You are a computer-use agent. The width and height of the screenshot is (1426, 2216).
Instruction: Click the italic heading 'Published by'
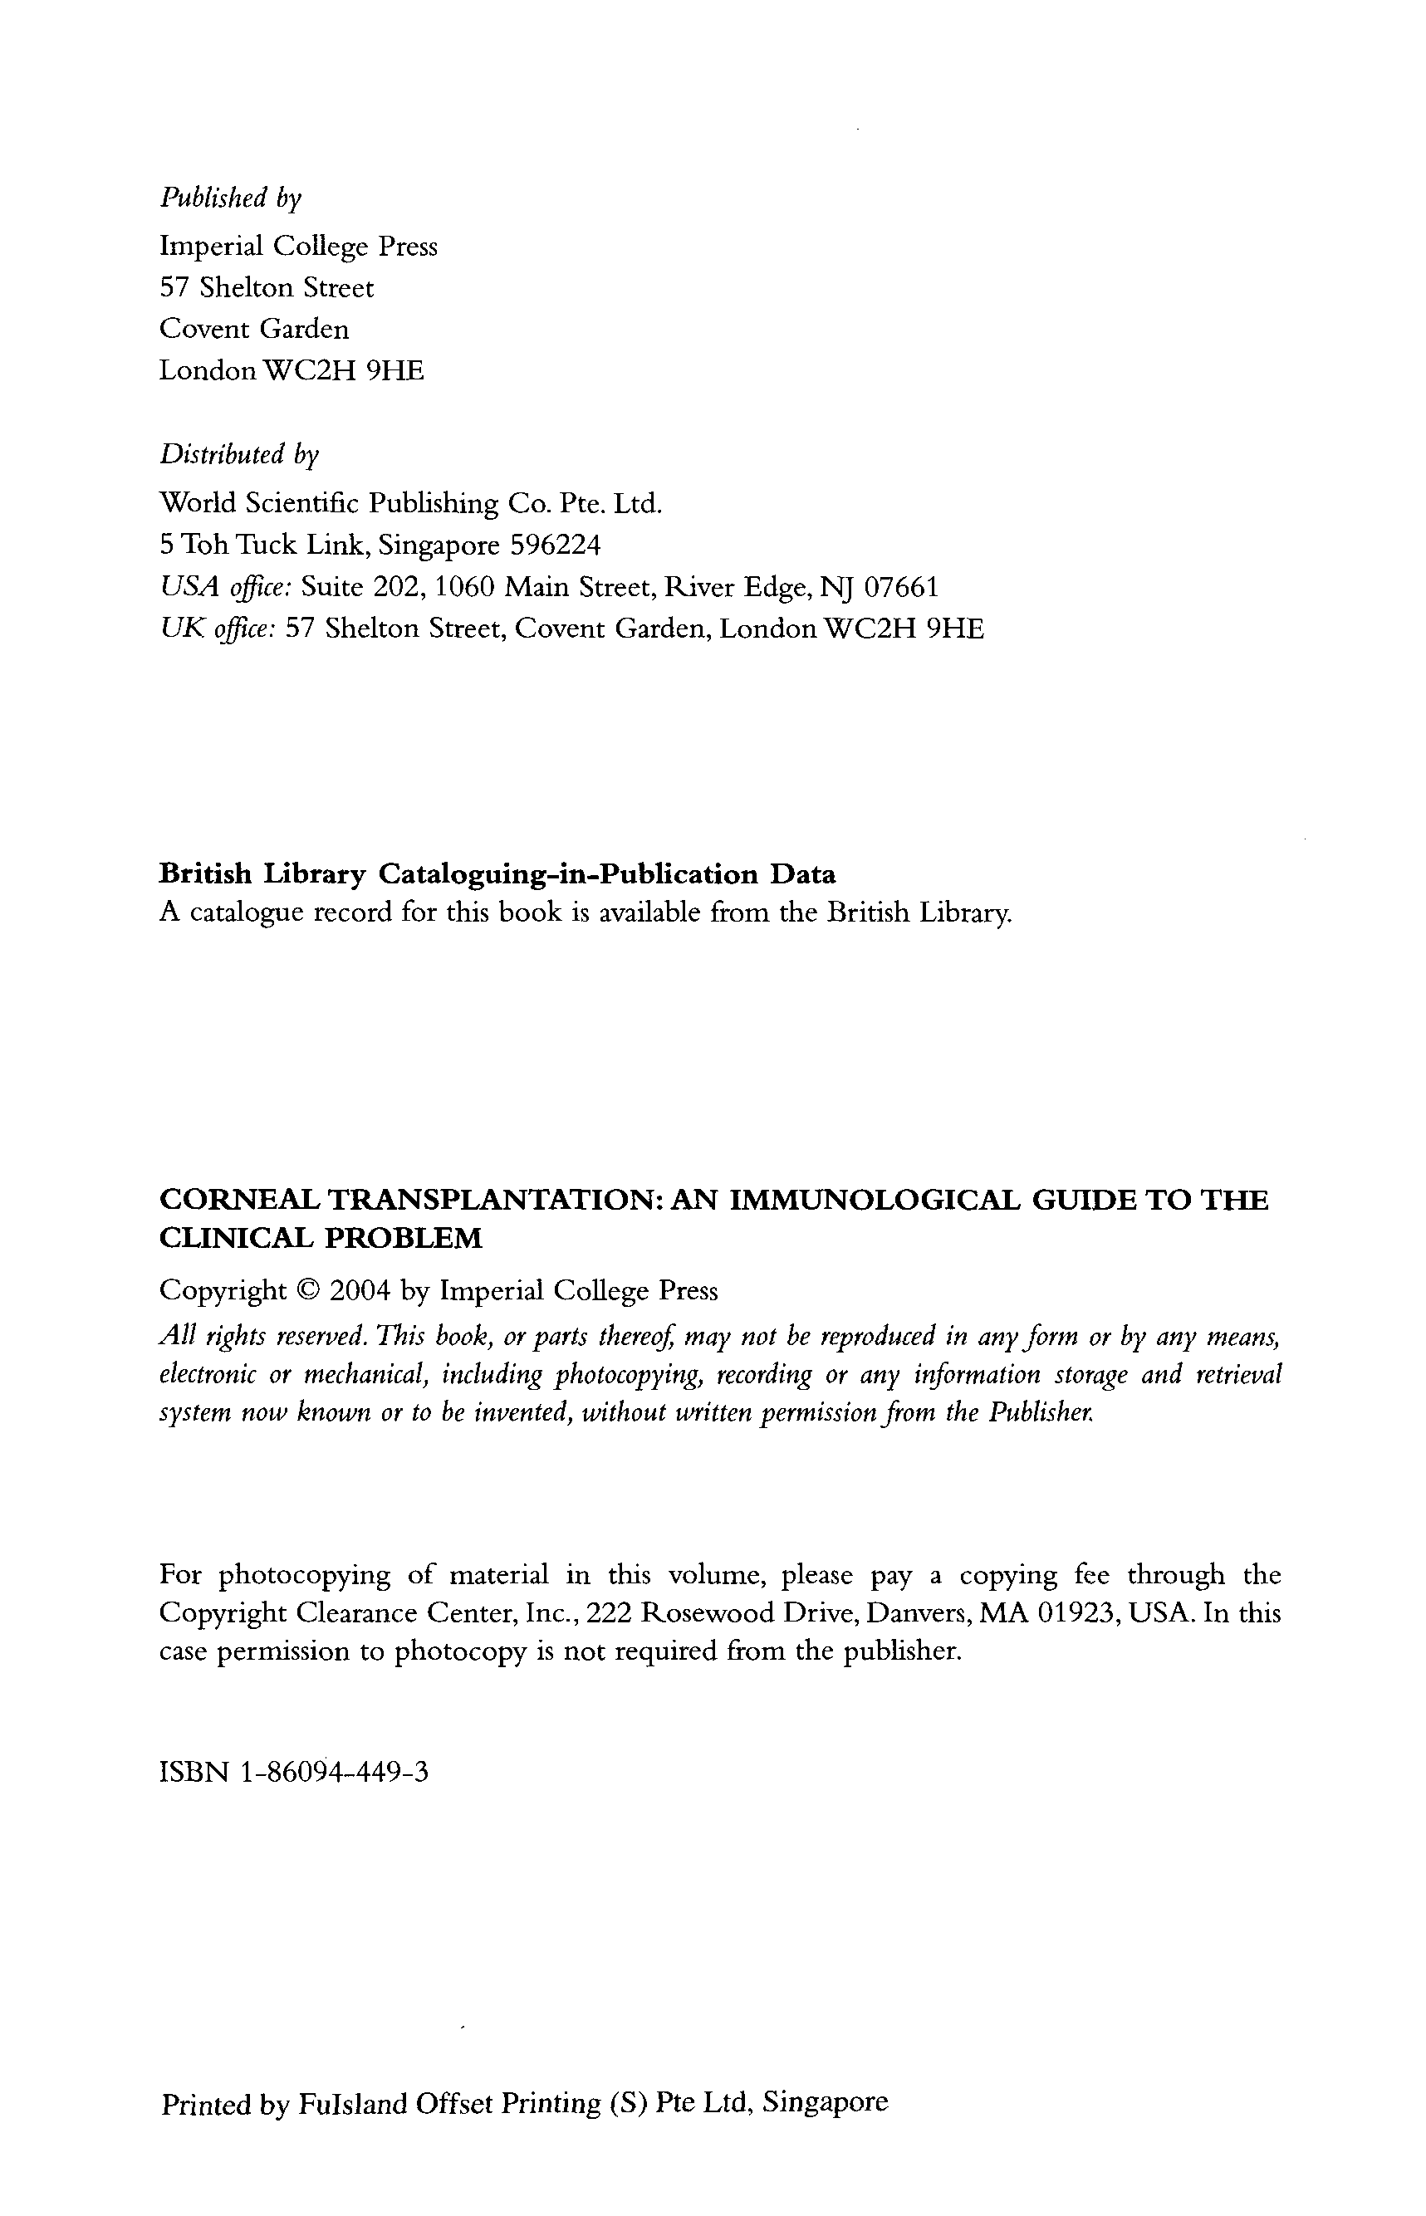coord(231,198)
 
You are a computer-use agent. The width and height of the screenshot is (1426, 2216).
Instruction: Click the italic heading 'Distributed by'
coord(239,454)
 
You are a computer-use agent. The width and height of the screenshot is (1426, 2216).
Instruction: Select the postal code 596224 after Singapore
coord(556,545)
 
